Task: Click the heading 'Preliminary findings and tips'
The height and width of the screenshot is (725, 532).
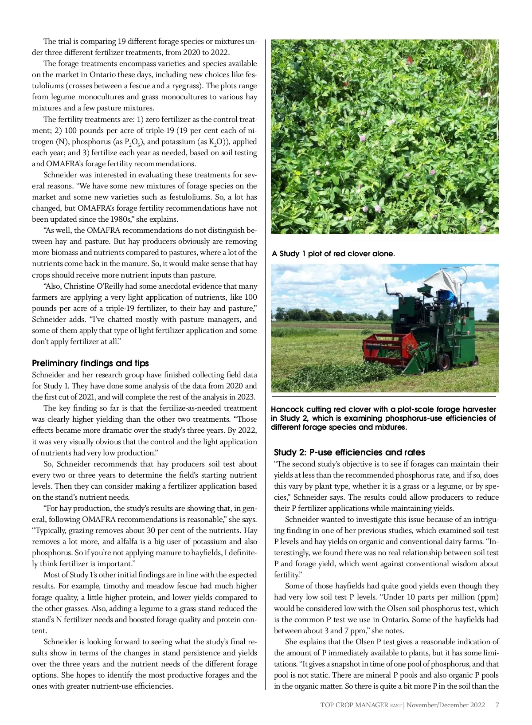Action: [x=90, y=363]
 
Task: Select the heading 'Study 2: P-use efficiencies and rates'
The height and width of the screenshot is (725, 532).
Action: [x=349, y=452]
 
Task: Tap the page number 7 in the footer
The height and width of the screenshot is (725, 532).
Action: [x=497, y=705]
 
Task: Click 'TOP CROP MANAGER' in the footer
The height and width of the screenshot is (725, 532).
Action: [x=355, y=705]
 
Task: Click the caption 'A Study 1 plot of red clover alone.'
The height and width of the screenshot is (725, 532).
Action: [x=333, y=254]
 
